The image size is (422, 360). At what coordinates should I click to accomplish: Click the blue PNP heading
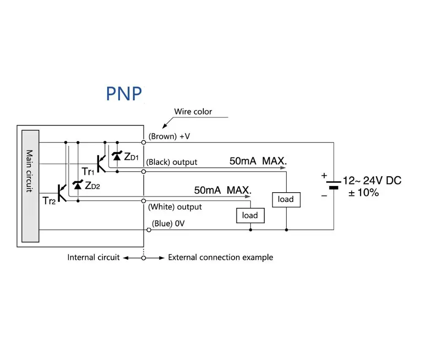(124, 94)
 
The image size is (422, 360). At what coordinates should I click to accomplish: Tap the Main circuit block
(30, 186)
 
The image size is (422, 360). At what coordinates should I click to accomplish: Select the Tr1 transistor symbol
(101, 164)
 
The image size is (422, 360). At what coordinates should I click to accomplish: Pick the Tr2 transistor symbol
(62, 193)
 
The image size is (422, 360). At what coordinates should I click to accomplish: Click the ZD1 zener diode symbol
(117, 156)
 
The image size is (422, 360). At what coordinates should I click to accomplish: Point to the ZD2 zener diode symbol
(78, 185)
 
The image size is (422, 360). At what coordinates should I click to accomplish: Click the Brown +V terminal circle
(144, 142)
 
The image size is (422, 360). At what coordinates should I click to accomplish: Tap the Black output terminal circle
(144, 172)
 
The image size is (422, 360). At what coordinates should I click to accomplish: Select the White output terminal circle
(144, 201)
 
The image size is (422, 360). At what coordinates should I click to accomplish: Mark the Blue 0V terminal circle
(149, 230)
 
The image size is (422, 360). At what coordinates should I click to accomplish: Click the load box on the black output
(286, 200)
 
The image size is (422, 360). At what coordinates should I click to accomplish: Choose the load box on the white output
(250, 215)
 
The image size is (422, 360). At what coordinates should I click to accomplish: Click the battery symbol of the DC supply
(334, 185)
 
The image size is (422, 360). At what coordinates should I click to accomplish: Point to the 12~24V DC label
(372, 180)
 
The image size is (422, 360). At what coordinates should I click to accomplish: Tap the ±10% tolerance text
(364, 193)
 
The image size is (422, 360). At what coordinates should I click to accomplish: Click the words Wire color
(193, 112)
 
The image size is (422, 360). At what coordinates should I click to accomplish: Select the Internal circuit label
(93, 257)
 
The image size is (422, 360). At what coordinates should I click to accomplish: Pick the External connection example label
(221, 257)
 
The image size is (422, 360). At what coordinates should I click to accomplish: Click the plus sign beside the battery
(324, 175)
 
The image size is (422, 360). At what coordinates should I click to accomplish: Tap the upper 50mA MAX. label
(258, 161)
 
